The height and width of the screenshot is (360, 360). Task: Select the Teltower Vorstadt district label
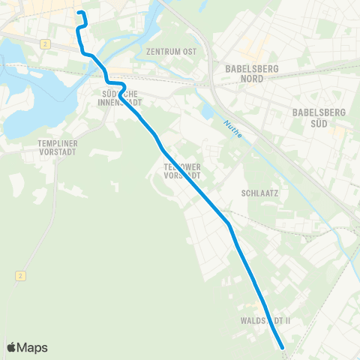[182, 171]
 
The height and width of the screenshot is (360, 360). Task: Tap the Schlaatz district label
[260, 193]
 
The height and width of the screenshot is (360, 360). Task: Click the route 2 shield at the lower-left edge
[16, 276]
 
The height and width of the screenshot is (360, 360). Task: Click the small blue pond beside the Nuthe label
[207, 113]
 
